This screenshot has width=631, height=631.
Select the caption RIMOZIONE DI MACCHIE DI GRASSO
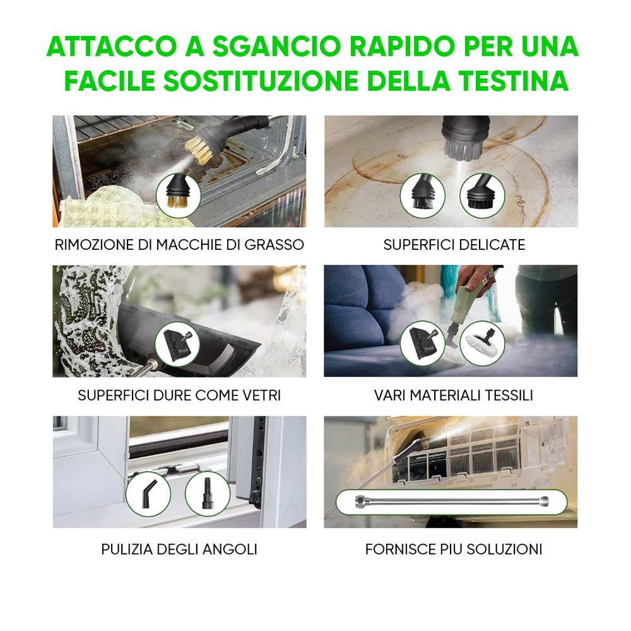179,244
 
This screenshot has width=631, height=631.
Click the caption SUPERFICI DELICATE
454,244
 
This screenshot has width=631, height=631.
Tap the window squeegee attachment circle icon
177,343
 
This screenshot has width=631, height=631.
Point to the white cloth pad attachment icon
482,343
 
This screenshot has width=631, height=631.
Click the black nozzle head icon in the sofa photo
422,343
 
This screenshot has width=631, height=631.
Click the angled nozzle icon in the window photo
148,493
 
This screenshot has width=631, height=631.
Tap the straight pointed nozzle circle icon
207,493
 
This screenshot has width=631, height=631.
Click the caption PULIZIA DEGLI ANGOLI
179,549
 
